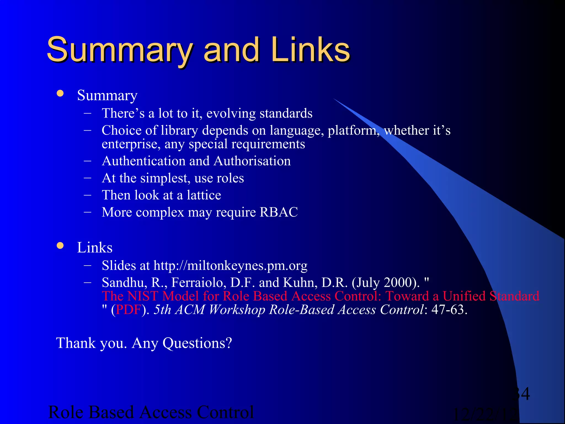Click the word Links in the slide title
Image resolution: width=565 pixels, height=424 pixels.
(311, 50)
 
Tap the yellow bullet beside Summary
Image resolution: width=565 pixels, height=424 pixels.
(60, 93)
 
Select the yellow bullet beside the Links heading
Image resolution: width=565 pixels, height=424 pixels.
(60, 245)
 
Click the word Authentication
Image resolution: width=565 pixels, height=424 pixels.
(143, 161)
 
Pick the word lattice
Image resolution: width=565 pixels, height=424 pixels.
(204, 195)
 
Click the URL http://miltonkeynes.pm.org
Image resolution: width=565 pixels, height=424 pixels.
(230, 266)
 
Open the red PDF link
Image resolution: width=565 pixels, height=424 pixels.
(129, 310)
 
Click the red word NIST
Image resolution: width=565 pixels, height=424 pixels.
(142, 296)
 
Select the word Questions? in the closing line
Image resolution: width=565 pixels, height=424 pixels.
(197, 343)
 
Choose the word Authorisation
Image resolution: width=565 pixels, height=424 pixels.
(252, 161)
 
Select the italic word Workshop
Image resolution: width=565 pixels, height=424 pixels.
(237, 310)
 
